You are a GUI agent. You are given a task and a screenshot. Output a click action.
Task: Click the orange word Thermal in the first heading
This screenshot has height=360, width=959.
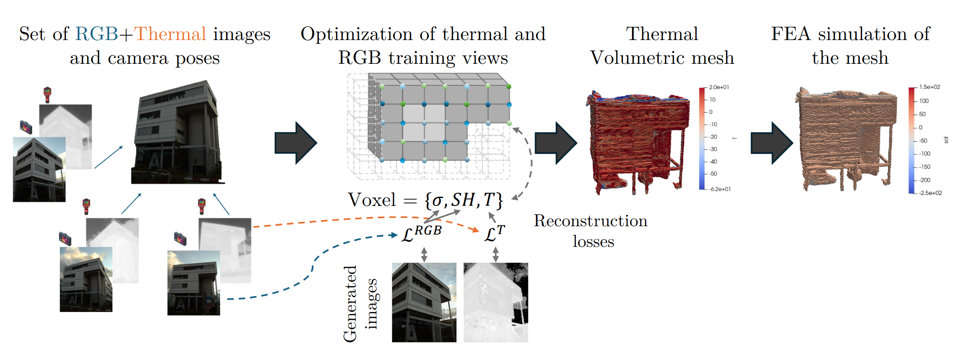pos(170,34)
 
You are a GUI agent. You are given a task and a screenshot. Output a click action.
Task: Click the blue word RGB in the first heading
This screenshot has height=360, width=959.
pos(97,34)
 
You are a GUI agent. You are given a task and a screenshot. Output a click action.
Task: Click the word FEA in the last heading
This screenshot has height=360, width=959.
pos(791,34)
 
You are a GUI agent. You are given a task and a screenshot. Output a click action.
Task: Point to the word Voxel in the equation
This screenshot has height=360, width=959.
pos(372,200)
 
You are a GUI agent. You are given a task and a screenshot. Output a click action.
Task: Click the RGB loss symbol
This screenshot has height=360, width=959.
pos(421,233)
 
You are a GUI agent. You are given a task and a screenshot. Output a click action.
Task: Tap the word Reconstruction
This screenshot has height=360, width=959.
pos(590,221)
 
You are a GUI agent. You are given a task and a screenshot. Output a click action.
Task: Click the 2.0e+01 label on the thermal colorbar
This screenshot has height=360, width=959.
pos(719,87)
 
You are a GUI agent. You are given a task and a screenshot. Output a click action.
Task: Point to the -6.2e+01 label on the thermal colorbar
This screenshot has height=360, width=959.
pos(720,189)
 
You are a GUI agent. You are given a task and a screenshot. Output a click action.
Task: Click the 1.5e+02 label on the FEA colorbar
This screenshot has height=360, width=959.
pos(929,87)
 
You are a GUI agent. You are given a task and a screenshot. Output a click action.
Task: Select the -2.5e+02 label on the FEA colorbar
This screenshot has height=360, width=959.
pos(930,193)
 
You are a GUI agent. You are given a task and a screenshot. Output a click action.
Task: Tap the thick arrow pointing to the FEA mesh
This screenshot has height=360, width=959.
pos(772,143)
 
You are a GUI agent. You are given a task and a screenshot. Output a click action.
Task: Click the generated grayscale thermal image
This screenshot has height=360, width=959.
pos(496,302)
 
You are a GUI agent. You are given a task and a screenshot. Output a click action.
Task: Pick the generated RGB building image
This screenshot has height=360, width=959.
pos(424,302)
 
